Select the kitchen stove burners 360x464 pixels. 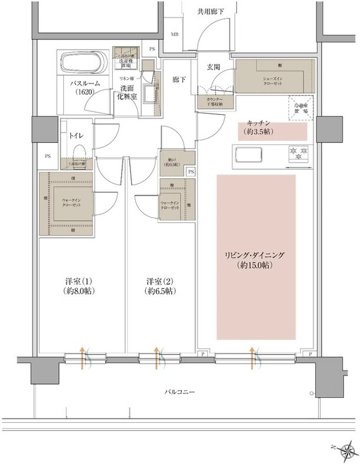[299, 154]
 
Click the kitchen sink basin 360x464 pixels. [253, 154]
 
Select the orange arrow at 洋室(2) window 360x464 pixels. [156, 357]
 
